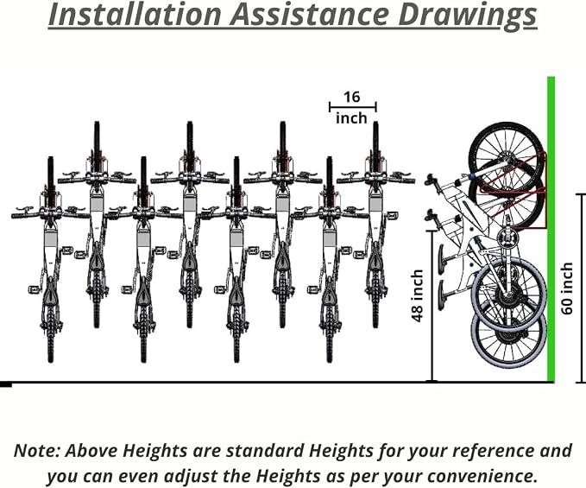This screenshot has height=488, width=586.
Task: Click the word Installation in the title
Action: [x=135, y=14]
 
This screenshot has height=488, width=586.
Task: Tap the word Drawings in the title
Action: [x=468, y=16]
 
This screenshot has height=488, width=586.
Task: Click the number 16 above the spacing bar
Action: [x=351, y=97]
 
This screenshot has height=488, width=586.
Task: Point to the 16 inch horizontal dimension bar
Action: [x=353, y=107]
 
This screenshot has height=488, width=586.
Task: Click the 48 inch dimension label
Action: [x=417, y=295]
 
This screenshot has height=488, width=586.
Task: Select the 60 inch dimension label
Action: [x=566, y=288]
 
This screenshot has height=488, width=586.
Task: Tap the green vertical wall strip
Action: [x=551, y=229]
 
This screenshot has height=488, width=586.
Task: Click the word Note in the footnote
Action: [x=37, y=450]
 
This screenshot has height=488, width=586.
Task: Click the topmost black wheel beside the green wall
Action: [x=507, y=155]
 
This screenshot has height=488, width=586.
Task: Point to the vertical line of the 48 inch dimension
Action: [x=432, y=307]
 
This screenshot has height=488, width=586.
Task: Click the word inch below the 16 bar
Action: [x=351, y=118]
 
